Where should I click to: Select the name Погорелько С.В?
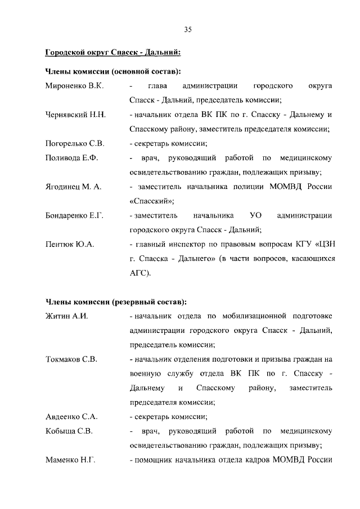pyautogui.click(x=75, y=143)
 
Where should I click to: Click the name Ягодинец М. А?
pyautogui.click(x=73, y=186)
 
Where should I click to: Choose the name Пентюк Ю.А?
pyautogui.click(x=69, y=244)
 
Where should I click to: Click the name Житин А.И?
pyautogui.click(x=66, y=315)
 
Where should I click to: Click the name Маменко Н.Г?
pyautogui.click(x=70, y=460)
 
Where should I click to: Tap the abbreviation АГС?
pyautogui.click(x=139, y=273)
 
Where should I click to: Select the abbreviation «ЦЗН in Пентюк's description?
pyautogui.click(x=323, y=244)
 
